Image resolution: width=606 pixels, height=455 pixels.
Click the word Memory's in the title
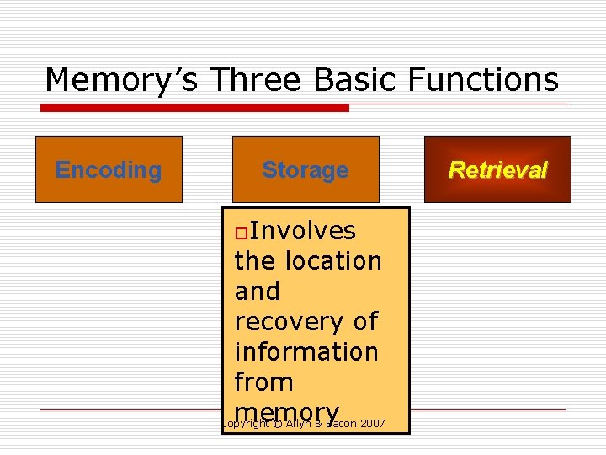[x=123, y=80]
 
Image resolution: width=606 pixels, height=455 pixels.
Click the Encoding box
[x=109, y=169]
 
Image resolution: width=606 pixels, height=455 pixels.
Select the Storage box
[x=305, y=169]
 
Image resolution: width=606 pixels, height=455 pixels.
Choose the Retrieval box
[x=497, y=169]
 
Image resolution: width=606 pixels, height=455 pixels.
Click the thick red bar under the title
[x=194, y=108]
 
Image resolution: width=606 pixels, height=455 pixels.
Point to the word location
[x=332, y=261]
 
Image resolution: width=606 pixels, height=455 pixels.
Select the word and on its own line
[x=257, y=292]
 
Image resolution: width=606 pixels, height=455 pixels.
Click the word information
[x=306, y=352]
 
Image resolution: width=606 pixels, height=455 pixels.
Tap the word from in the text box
[x=263, y=383]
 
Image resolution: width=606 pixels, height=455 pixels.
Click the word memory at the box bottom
[x=287, y=411]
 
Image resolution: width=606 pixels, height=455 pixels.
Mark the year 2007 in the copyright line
[x=372, y=423]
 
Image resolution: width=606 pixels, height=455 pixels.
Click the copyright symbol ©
[x=277, y=423]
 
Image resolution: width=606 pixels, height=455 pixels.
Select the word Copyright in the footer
[x=244, y=423]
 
